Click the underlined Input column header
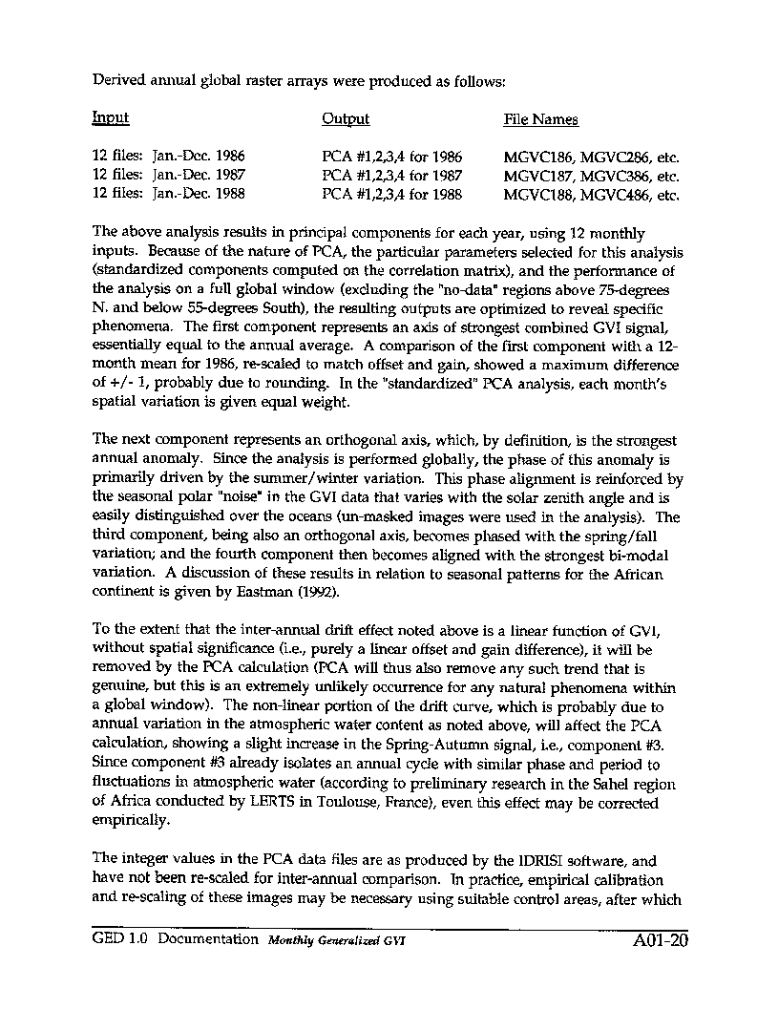click(111, 118)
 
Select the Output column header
click(346, 119)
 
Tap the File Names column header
click(540, 119)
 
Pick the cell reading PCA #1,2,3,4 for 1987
click(392, 176)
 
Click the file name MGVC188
click(539, 196)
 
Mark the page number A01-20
click(660, 939)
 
